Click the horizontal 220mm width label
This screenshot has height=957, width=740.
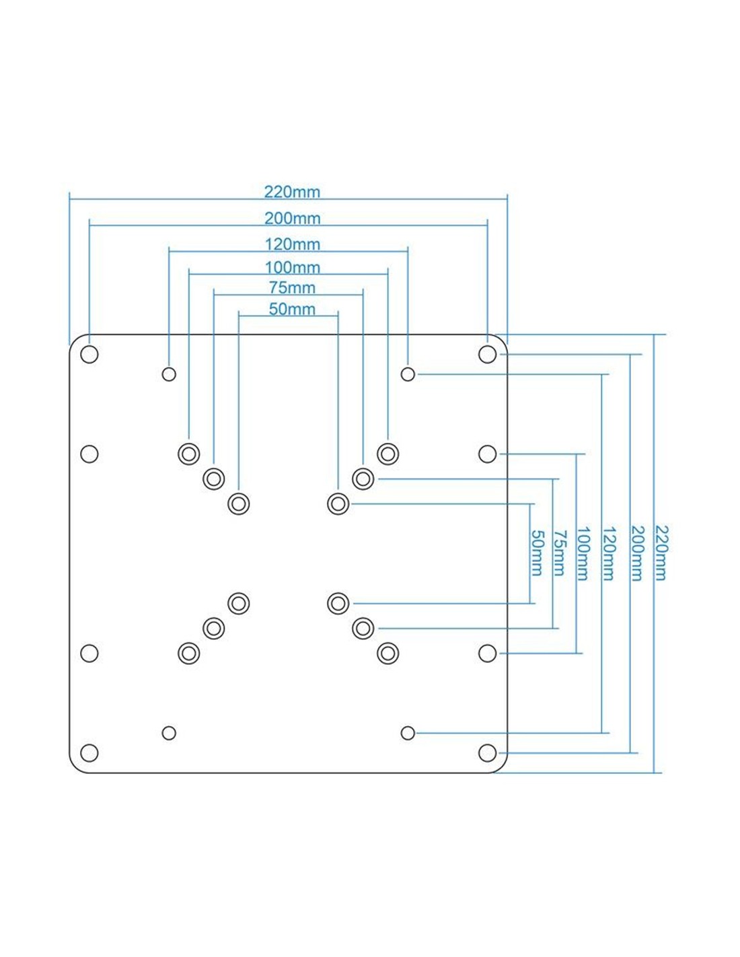pyautogui.click(x=292, y=192)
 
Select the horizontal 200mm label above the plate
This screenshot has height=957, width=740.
pyautogui.click(x=292, y=218)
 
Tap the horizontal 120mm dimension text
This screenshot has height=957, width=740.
pyautogui.click(x=292, y=244)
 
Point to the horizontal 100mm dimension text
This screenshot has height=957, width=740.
pyautogui.click(x=292, y=267)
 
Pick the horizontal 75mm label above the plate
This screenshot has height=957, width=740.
pyautogui.click(x=292, y=287)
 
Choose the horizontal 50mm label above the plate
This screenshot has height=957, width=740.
pyautogui.click(x=292, y=309)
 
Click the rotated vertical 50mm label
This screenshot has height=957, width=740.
pyautogui.click(x=537, y=553)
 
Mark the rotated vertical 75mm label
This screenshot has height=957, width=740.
pyautogui.click(x=560, y=553)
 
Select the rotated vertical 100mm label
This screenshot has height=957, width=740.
pyautogui.click(x=583, y=553)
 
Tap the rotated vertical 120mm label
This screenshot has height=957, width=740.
pyautogui.click(x=608, y=553)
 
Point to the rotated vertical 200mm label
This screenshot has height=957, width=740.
pyautogui.click(x=637, y=553)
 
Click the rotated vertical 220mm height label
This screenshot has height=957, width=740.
pyautogui.click(x=661, y=553)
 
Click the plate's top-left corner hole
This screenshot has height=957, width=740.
pyautogui.click(x=89, y=354)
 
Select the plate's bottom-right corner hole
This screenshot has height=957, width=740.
pyautogui.click(x=487, y=752)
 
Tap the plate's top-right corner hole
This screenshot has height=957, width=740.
pyautogui.click(x=487, y=354)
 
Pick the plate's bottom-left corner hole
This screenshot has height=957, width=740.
pyautogui.click(x=89, y=752)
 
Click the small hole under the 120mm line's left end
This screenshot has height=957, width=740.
pyautogui.click(x=169, y=374)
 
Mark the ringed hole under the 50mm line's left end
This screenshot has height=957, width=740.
pyautogui.click(x=239, y=503)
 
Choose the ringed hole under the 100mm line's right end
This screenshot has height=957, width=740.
pyautogui.click(x=387, y=454)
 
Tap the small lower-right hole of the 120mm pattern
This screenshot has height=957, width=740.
pyautogui.click(x=408, y=733)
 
